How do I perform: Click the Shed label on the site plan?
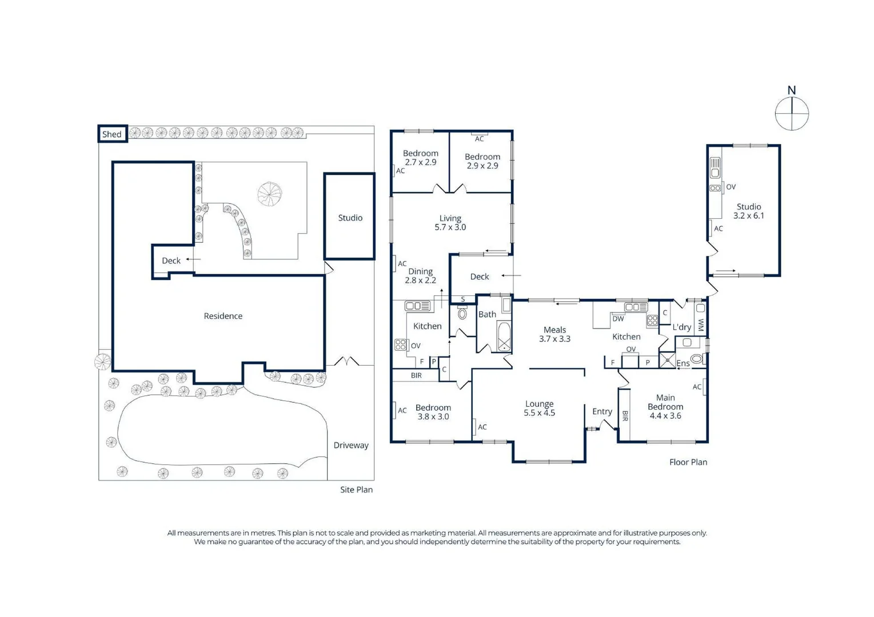click(112, 134)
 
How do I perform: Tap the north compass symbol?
click(792, 113)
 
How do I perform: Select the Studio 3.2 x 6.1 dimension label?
click(748, 211)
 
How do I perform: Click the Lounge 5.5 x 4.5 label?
click(539, 408)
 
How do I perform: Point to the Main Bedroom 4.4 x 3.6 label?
click(665, 407)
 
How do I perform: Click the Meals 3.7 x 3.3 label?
click(554, 334)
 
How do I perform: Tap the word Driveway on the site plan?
click(351, 445)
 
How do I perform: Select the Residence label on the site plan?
click(223, 316)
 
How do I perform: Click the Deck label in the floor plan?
click(479, 277)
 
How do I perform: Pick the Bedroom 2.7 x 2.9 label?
click(420, 158)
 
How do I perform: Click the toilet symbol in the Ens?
click(697, 359)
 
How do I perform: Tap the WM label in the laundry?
click(701, 324)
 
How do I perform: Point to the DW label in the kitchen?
click(618, 319)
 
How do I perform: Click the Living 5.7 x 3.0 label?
click(450, 223)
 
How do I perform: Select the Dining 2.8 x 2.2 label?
click(420, 276)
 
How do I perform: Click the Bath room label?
click(487, 314)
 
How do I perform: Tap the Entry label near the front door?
click(602, 411)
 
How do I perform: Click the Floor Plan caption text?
click(688, 462)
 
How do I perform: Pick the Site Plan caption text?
click(356, 490)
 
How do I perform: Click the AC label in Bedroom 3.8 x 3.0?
click(402, 410)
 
